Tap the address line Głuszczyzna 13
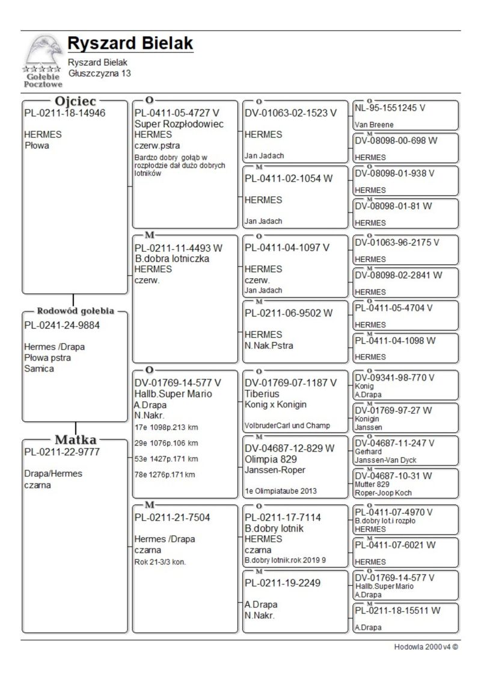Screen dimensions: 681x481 tap(99, 73)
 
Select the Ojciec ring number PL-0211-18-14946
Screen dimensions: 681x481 tap(64, 113)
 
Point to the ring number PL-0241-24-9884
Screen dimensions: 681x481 tap(62, 325)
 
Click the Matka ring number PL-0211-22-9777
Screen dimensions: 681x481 tap(62, 452)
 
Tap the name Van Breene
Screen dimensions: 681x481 tap(374, 125)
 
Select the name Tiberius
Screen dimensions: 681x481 tap(262, 394)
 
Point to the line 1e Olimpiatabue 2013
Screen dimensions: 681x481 tap(280, 491)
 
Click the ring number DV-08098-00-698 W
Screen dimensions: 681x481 tap(396, 140)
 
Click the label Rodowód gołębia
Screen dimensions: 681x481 tap(76, 311)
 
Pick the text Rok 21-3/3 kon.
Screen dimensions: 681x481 tap(160, 562)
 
